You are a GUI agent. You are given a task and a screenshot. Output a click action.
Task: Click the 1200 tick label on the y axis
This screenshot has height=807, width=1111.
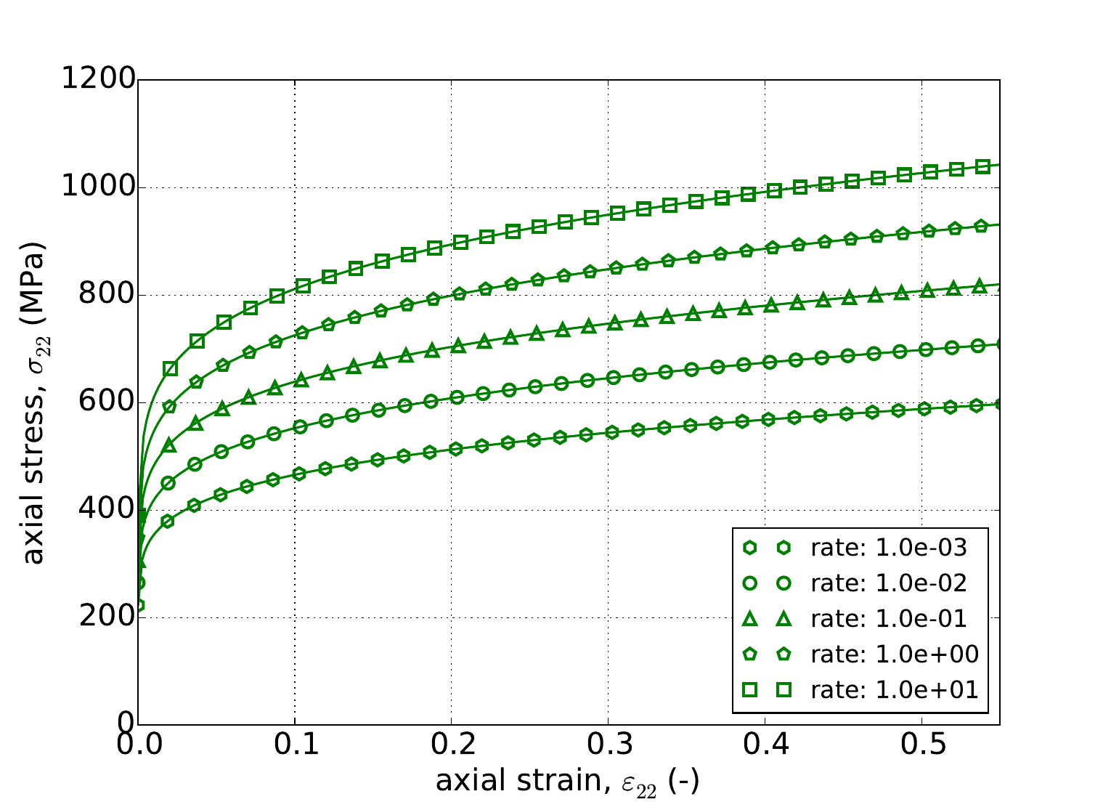(x=98, y=80)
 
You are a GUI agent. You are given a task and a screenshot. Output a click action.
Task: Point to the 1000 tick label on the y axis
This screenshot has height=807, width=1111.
(x=98, y=187)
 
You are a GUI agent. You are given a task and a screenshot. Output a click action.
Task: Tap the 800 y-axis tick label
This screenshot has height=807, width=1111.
(x=106, y=295)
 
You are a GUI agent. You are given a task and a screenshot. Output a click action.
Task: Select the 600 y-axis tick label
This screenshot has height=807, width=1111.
(x=106, y=402)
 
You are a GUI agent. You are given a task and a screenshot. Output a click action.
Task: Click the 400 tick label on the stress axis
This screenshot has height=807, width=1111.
(x=106, y=510)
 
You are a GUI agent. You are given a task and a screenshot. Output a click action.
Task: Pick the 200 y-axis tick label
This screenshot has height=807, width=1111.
(x=106, y=617)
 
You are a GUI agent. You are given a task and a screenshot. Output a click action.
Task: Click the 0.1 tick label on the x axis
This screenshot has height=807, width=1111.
(x=295, y=746)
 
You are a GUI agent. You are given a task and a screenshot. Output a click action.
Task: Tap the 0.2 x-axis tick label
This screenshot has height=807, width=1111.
(x=452, y=746)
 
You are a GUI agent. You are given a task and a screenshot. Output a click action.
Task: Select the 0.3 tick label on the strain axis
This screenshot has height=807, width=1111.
(x=609, y=746)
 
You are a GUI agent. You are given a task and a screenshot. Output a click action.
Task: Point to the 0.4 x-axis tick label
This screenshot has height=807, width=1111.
(x=765, y=746)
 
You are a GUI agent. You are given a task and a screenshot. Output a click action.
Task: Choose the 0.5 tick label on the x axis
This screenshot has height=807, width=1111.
(x=922, y=746)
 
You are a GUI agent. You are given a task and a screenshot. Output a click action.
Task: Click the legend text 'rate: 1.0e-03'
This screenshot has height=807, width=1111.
(x=889, y=548)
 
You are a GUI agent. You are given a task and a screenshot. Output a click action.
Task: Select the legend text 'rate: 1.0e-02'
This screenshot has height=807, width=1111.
(x=889, y=583)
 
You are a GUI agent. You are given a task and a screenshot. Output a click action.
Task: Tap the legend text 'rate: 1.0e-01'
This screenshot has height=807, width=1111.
(x=889, y=618)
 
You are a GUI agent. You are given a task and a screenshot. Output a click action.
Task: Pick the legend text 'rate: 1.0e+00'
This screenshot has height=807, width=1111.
(x=895, y=654)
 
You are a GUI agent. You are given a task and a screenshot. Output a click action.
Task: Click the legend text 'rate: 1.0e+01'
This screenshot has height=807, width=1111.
(x=895, y=689)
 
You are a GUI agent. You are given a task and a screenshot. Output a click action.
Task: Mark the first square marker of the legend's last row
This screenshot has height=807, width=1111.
(x=750, y=689)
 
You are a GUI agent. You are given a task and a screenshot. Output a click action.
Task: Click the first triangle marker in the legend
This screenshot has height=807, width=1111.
(x=750, y=618)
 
